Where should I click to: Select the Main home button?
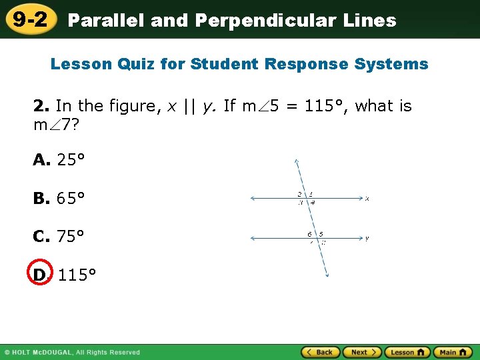453,352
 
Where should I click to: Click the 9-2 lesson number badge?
29,19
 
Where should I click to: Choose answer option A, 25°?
59,160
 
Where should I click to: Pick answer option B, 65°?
59,199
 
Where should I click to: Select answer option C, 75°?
59,237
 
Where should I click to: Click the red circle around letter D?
39,274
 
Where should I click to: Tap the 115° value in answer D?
77,275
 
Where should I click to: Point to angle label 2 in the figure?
300,194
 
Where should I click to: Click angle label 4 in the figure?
313,203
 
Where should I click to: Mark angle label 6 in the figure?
309,234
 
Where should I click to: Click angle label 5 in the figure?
321,234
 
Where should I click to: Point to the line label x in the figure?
367,198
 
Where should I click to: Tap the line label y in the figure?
367,238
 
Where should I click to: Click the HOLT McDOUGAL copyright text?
73,352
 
